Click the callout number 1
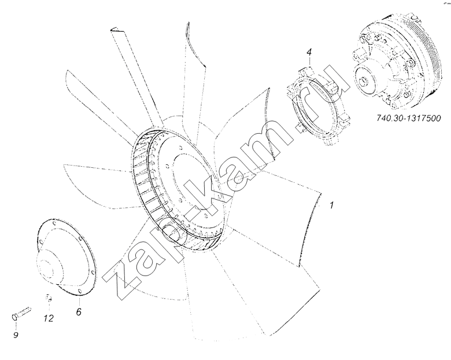(332, 205)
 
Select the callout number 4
(309, 52)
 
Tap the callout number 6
(79, 311)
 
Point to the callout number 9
(16, 335)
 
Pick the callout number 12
(49, 318)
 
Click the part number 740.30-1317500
(409, 118)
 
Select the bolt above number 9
(21, 313)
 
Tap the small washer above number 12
(49, 297)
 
